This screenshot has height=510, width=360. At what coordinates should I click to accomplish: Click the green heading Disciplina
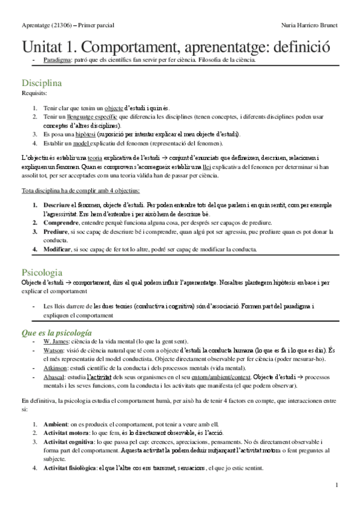click(x=41, y=83)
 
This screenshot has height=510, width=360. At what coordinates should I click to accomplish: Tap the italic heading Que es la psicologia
click(x=56, y=331)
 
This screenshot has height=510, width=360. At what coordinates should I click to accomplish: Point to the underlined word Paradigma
click(x=58, y=61)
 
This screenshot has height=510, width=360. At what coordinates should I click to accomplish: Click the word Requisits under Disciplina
click(x=33, y=94)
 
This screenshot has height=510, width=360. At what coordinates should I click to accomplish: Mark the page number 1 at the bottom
click(x=337, y=485)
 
